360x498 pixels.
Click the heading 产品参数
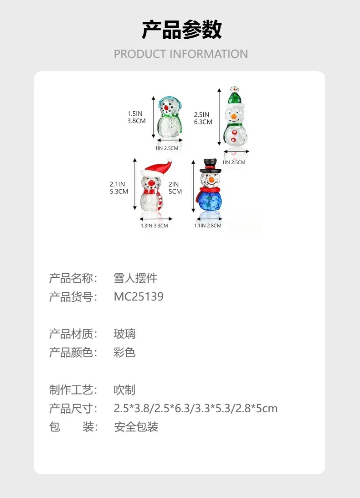(x=181, y=30)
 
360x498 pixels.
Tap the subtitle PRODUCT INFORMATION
(x=180, y=54)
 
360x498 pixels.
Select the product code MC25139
(x=139, y=296)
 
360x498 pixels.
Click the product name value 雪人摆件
(x=135, y=278)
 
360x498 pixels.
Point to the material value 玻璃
(x=124, y=334)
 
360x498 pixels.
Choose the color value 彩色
(x=124, y=353)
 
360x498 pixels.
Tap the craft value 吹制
(x=124, y=390)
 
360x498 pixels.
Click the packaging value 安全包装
(x=136, y=427)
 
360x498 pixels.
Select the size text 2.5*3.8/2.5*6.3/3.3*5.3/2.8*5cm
(x=195, y=409)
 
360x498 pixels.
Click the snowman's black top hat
(x=210, y=166)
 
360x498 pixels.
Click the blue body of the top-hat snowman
(x=209, y=201)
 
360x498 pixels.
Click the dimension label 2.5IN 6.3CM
(x=203, y=118)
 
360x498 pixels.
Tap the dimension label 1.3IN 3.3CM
(x=154, y=225)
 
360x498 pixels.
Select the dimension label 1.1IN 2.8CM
(x=208, y=225)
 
